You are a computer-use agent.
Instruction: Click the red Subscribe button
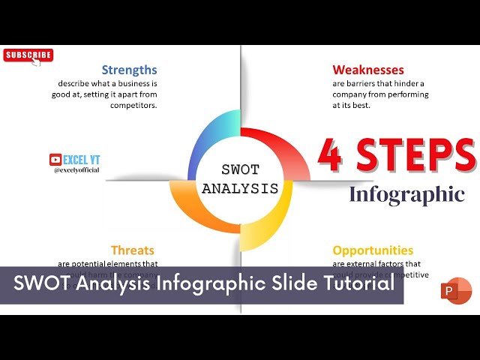click(28, 55)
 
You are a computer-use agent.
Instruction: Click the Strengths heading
click(129, 70)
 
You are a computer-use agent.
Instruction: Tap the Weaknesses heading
click(368, 70)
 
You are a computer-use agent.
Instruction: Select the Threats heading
click(132, 250)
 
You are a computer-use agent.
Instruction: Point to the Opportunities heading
click(373, 250)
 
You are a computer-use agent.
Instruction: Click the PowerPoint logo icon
click(456, 291)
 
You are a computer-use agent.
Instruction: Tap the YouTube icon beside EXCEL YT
click(55, 159)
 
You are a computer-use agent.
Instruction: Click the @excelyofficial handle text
click(78, 170)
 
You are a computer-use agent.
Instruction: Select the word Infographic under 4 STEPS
click(406, 195)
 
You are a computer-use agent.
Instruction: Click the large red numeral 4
click(331, 156)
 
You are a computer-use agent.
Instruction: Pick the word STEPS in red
click(416, 156)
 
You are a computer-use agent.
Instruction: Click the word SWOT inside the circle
click(241, 170)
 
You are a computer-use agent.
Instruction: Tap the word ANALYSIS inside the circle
click(241, 188)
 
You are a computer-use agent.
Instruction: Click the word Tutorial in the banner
click(356, 285)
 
